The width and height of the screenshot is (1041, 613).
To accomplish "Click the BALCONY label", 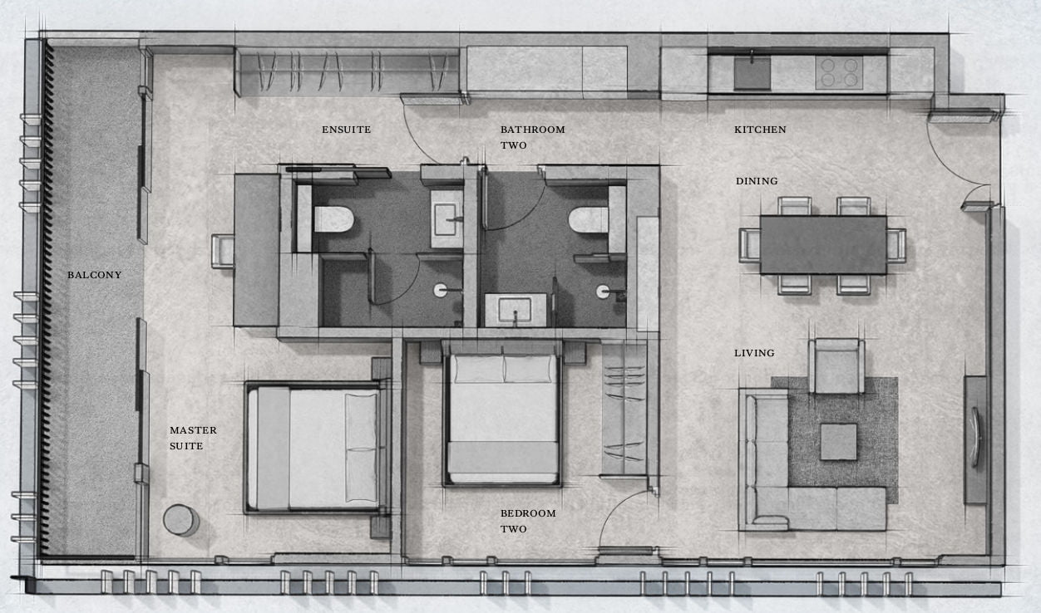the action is point(94,275).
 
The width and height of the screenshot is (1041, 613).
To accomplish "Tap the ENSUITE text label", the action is point(346,130).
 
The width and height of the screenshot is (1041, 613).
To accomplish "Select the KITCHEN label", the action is point(760,130).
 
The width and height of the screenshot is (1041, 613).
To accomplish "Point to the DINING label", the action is point(757,181).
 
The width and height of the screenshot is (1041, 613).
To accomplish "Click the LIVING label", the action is point(754,353).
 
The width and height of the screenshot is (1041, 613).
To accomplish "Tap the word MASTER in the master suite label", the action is point(193,430).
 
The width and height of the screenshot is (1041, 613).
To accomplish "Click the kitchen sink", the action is point(752,73).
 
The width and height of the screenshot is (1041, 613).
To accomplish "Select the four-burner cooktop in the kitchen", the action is point(839,73).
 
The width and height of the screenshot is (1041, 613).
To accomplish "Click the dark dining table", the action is point(823,245).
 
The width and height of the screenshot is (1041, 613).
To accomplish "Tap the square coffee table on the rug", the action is point(838,442).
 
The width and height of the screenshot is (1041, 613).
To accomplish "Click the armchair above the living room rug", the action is point(836,366).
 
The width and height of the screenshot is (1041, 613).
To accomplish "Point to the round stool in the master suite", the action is point(180,520).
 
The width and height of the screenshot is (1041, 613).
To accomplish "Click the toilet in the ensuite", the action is point(333,219).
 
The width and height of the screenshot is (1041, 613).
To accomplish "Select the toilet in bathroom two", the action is point(589,219).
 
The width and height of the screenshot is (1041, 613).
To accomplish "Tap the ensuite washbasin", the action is point(446,218).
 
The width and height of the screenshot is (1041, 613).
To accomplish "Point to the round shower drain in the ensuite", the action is point(440,291).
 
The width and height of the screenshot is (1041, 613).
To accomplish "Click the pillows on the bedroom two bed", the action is point(503,369).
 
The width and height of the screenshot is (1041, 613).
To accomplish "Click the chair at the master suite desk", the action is point(223,251).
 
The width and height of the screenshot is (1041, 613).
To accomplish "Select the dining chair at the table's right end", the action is point(896,245).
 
